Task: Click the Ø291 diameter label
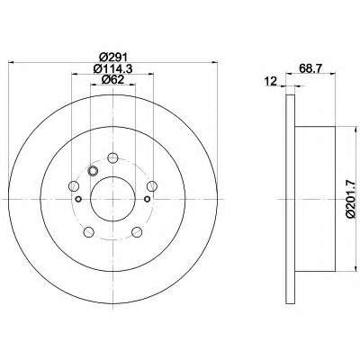113,57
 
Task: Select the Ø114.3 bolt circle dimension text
113,69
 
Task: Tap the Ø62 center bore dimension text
113,80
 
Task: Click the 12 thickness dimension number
271,81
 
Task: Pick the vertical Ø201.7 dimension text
353,198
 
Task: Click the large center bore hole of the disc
112,199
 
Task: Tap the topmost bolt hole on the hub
112,157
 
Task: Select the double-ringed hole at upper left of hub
93,171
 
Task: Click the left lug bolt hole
74,186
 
